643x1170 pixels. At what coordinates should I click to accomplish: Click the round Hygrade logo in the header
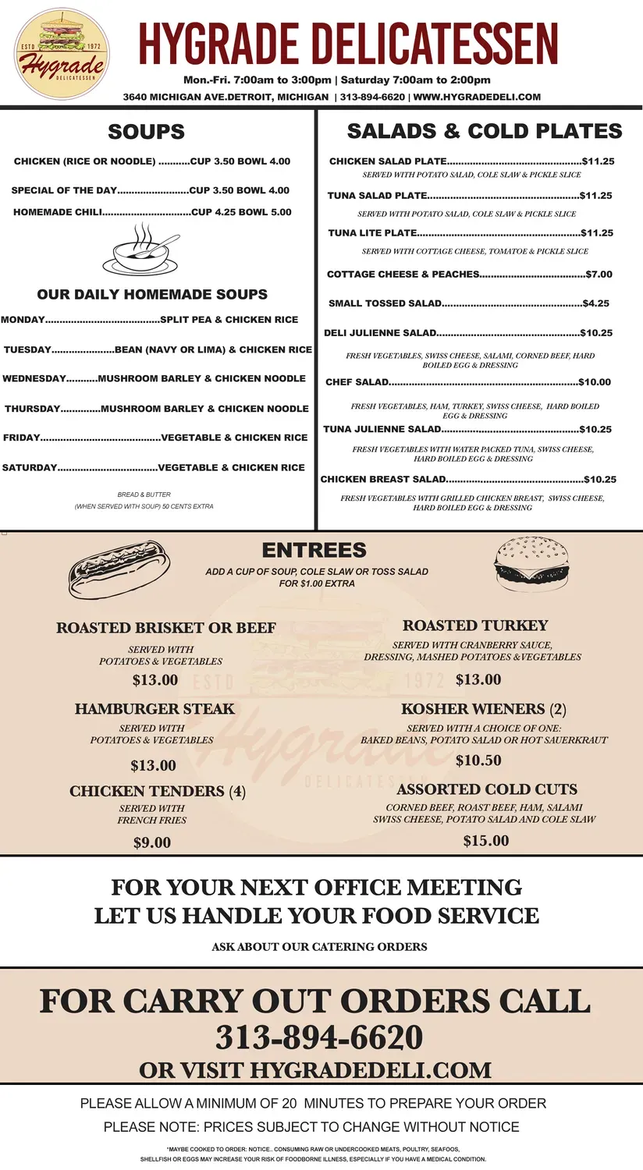[x=62, y=54]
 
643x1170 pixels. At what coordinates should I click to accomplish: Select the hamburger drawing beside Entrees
[x=531, y=561]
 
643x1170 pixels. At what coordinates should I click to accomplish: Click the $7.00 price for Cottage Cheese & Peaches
[x=599, y=275]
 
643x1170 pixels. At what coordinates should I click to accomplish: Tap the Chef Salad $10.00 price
[x=595, y=382]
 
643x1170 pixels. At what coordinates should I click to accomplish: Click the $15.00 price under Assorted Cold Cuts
[x=485, y=841]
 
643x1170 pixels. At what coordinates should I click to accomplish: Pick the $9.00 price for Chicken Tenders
[x=152, y=842]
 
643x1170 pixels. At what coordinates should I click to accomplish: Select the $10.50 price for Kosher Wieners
[x=478, y=760]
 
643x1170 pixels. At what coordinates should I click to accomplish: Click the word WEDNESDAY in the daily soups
[x=34, y=379]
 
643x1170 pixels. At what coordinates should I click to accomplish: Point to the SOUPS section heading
[x=147, y=132]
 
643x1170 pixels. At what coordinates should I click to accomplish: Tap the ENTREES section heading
[x=314, y=551]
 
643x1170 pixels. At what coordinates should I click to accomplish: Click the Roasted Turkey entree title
[x=475, y=626]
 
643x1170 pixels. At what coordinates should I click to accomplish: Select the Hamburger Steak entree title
[x=155, y=709]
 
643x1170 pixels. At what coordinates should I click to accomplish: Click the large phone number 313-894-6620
[x=319, y=1038]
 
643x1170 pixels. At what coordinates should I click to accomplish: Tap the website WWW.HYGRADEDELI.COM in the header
[x=477, y=97]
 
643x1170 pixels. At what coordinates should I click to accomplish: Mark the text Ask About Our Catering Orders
[x=319, y=947]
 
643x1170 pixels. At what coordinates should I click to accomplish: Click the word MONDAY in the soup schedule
[x=23, y=320]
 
